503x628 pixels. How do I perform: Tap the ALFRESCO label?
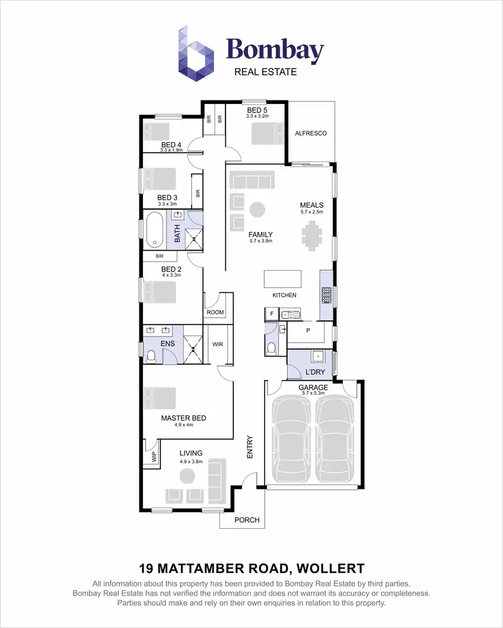(311, 133)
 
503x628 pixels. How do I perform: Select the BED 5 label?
(257, 110)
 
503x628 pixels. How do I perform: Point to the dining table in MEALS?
(312, 235)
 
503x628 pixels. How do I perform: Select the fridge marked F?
(272, 313)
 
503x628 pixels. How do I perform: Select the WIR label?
(217, 344)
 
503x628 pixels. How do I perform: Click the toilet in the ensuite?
(151, 356)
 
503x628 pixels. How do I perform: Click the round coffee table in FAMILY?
(257, 210)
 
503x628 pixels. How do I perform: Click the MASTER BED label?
(183, 418)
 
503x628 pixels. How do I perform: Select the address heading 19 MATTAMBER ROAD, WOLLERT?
(251, 568)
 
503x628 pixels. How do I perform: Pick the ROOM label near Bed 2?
(215, 312)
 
